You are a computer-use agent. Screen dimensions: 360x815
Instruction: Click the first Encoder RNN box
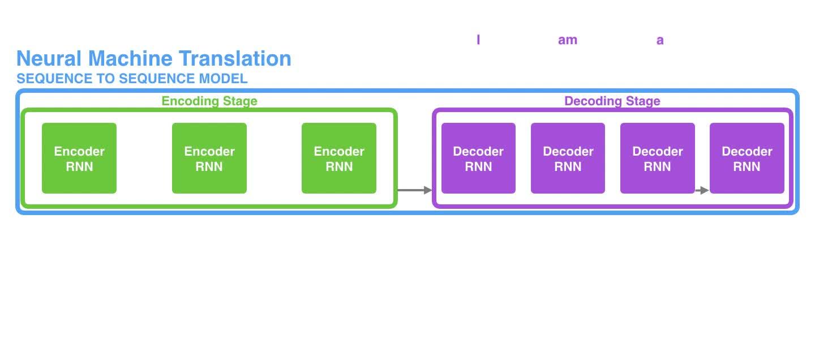pos(79,158)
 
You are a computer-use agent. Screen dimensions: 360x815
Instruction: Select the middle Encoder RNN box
pos(209,158)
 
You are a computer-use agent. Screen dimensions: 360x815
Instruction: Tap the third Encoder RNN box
pos(339,158)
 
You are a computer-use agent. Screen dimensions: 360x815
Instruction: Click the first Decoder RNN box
pos(478,158)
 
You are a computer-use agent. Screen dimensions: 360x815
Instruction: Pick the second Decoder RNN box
pos(568,158)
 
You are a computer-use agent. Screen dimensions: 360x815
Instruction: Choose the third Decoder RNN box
pos(657,158)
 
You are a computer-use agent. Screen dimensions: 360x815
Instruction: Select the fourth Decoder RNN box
pos(747,158)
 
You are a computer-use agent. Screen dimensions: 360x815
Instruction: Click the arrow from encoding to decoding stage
pos(414,190)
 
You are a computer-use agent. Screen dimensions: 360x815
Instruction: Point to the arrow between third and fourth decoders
pos(702,190)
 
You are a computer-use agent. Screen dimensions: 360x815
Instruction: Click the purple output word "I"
pos(478,40)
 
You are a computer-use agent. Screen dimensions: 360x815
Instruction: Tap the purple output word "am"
pos(568,40)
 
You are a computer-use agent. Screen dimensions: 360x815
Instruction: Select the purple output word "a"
pos(660,40)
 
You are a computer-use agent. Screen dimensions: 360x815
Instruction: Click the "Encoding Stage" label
pos(209,101)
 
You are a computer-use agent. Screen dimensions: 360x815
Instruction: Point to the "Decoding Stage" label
pos(612,101)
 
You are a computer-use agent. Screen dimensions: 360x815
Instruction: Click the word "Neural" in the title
pos(50,59)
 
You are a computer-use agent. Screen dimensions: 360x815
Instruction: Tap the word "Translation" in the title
pos(235,59)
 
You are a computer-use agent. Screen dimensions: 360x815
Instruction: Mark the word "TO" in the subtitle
pos(107,79)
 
